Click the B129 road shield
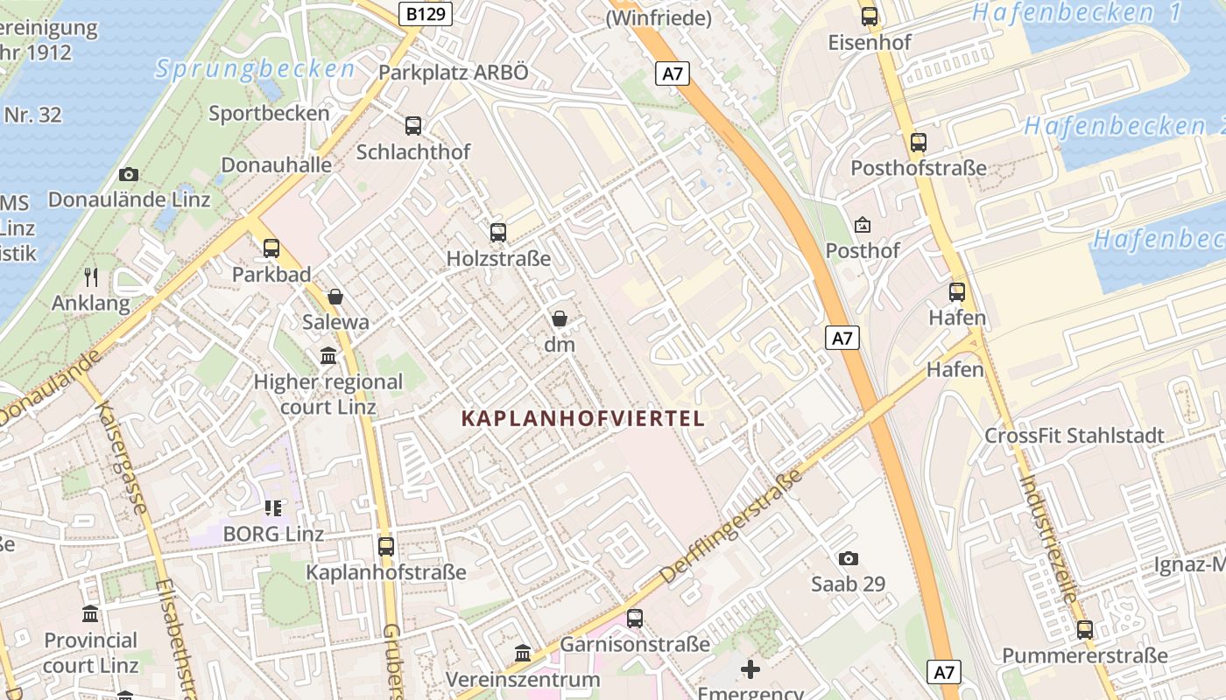[425, 13]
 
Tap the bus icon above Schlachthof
[413, 126]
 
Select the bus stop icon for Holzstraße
[498, 233]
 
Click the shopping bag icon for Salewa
[335, 297]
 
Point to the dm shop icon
[560, 319]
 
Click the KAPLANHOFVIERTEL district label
[582, 419]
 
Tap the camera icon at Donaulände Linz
[129, 175]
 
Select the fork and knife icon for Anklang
[91, 277]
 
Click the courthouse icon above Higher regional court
[328, 356]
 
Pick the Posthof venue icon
[863, 226]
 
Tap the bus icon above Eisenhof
[870, 17]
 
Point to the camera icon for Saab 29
[848, 558]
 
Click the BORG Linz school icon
[273, 508]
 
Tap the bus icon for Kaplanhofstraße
[386, 547]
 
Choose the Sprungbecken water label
[256, 69]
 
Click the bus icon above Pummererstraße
[1085, 630]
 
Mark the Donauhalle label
[276, 164]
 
